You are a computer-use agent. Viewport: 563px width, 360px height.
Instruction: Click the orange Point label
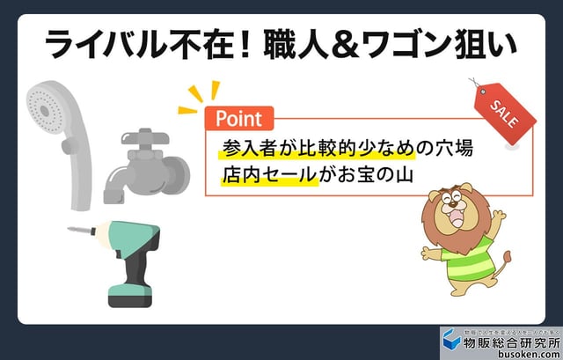(x=238, y=118)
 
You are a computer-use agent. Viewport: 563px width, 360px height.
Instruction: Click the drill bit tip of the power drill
(x=71, y=231)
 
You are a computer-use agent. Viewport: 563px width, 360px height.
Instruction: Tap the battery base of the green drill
(x=129, y=292)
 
